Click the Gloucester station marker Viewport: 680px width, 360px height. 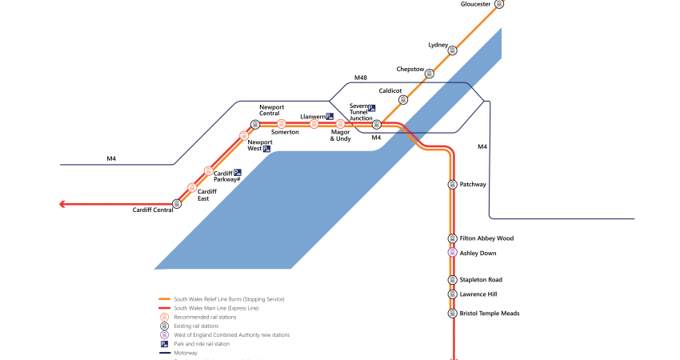click(499, 4)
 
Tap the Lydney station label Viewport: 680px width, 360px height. click(438, 45)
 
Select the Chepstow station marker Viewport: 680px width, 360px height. click(429, 74)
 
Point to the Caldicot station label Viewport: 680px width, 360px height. click(390, 91)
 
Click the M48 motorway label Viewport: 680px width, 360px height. click(362, 78)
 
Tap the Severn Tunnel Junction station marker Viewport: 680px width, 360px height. click(377, 124)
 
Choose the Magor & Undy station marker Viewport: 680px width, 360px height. click(340, 124)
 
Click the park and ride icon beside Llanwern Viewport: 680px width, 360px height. click(330, 117)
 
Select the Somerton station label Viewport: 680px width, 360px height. click(285, 132)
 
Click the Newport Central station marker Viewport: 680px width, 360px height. click(255, 124)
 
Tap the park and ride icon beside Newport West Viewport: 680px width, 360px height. click(266, 149)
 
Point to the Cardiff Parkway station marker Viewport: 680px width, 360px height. click(208, 171)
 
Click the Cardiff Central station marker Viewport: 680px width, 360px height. click(177, 203)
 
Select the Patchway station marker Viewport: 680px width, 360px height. click(452, 185)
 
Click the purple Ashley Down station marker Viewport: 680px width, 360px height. click(452, 253)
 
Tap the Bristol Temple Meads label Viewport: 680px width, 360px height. click(490, 314)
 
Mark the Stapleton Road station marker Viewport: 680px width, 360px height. click(452, 280)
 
